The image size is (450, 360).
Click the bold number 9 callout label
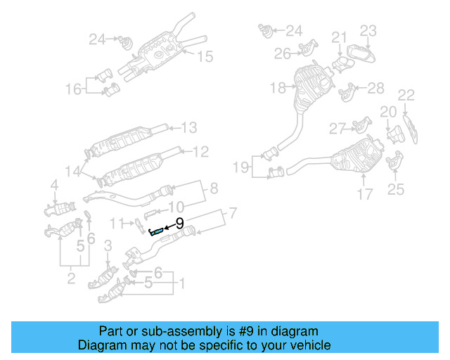(x=179, y=224)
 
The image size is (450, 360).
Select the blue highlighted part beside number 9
(x=157, y=231)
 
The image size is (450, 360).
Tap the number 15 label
(x=204, y=56)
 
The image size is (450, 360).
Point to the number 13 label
(x=190, y=127)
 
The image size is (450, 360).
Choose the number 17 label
(x=364, y=193)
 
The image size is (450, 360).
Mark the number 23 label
(x=368, y=30)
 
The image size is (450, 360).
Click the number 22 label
(x=406, y=95)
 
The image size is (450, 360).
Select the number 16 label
(x=74, y=89)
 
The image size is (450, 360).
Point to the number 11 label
(x=117, y=224)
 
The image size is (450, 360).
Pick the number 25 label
(x=396, y=188)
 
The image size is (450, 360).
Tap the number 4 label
(x=54, y=185)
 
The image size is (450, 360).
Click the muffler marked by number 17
(x=356, y=159)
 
